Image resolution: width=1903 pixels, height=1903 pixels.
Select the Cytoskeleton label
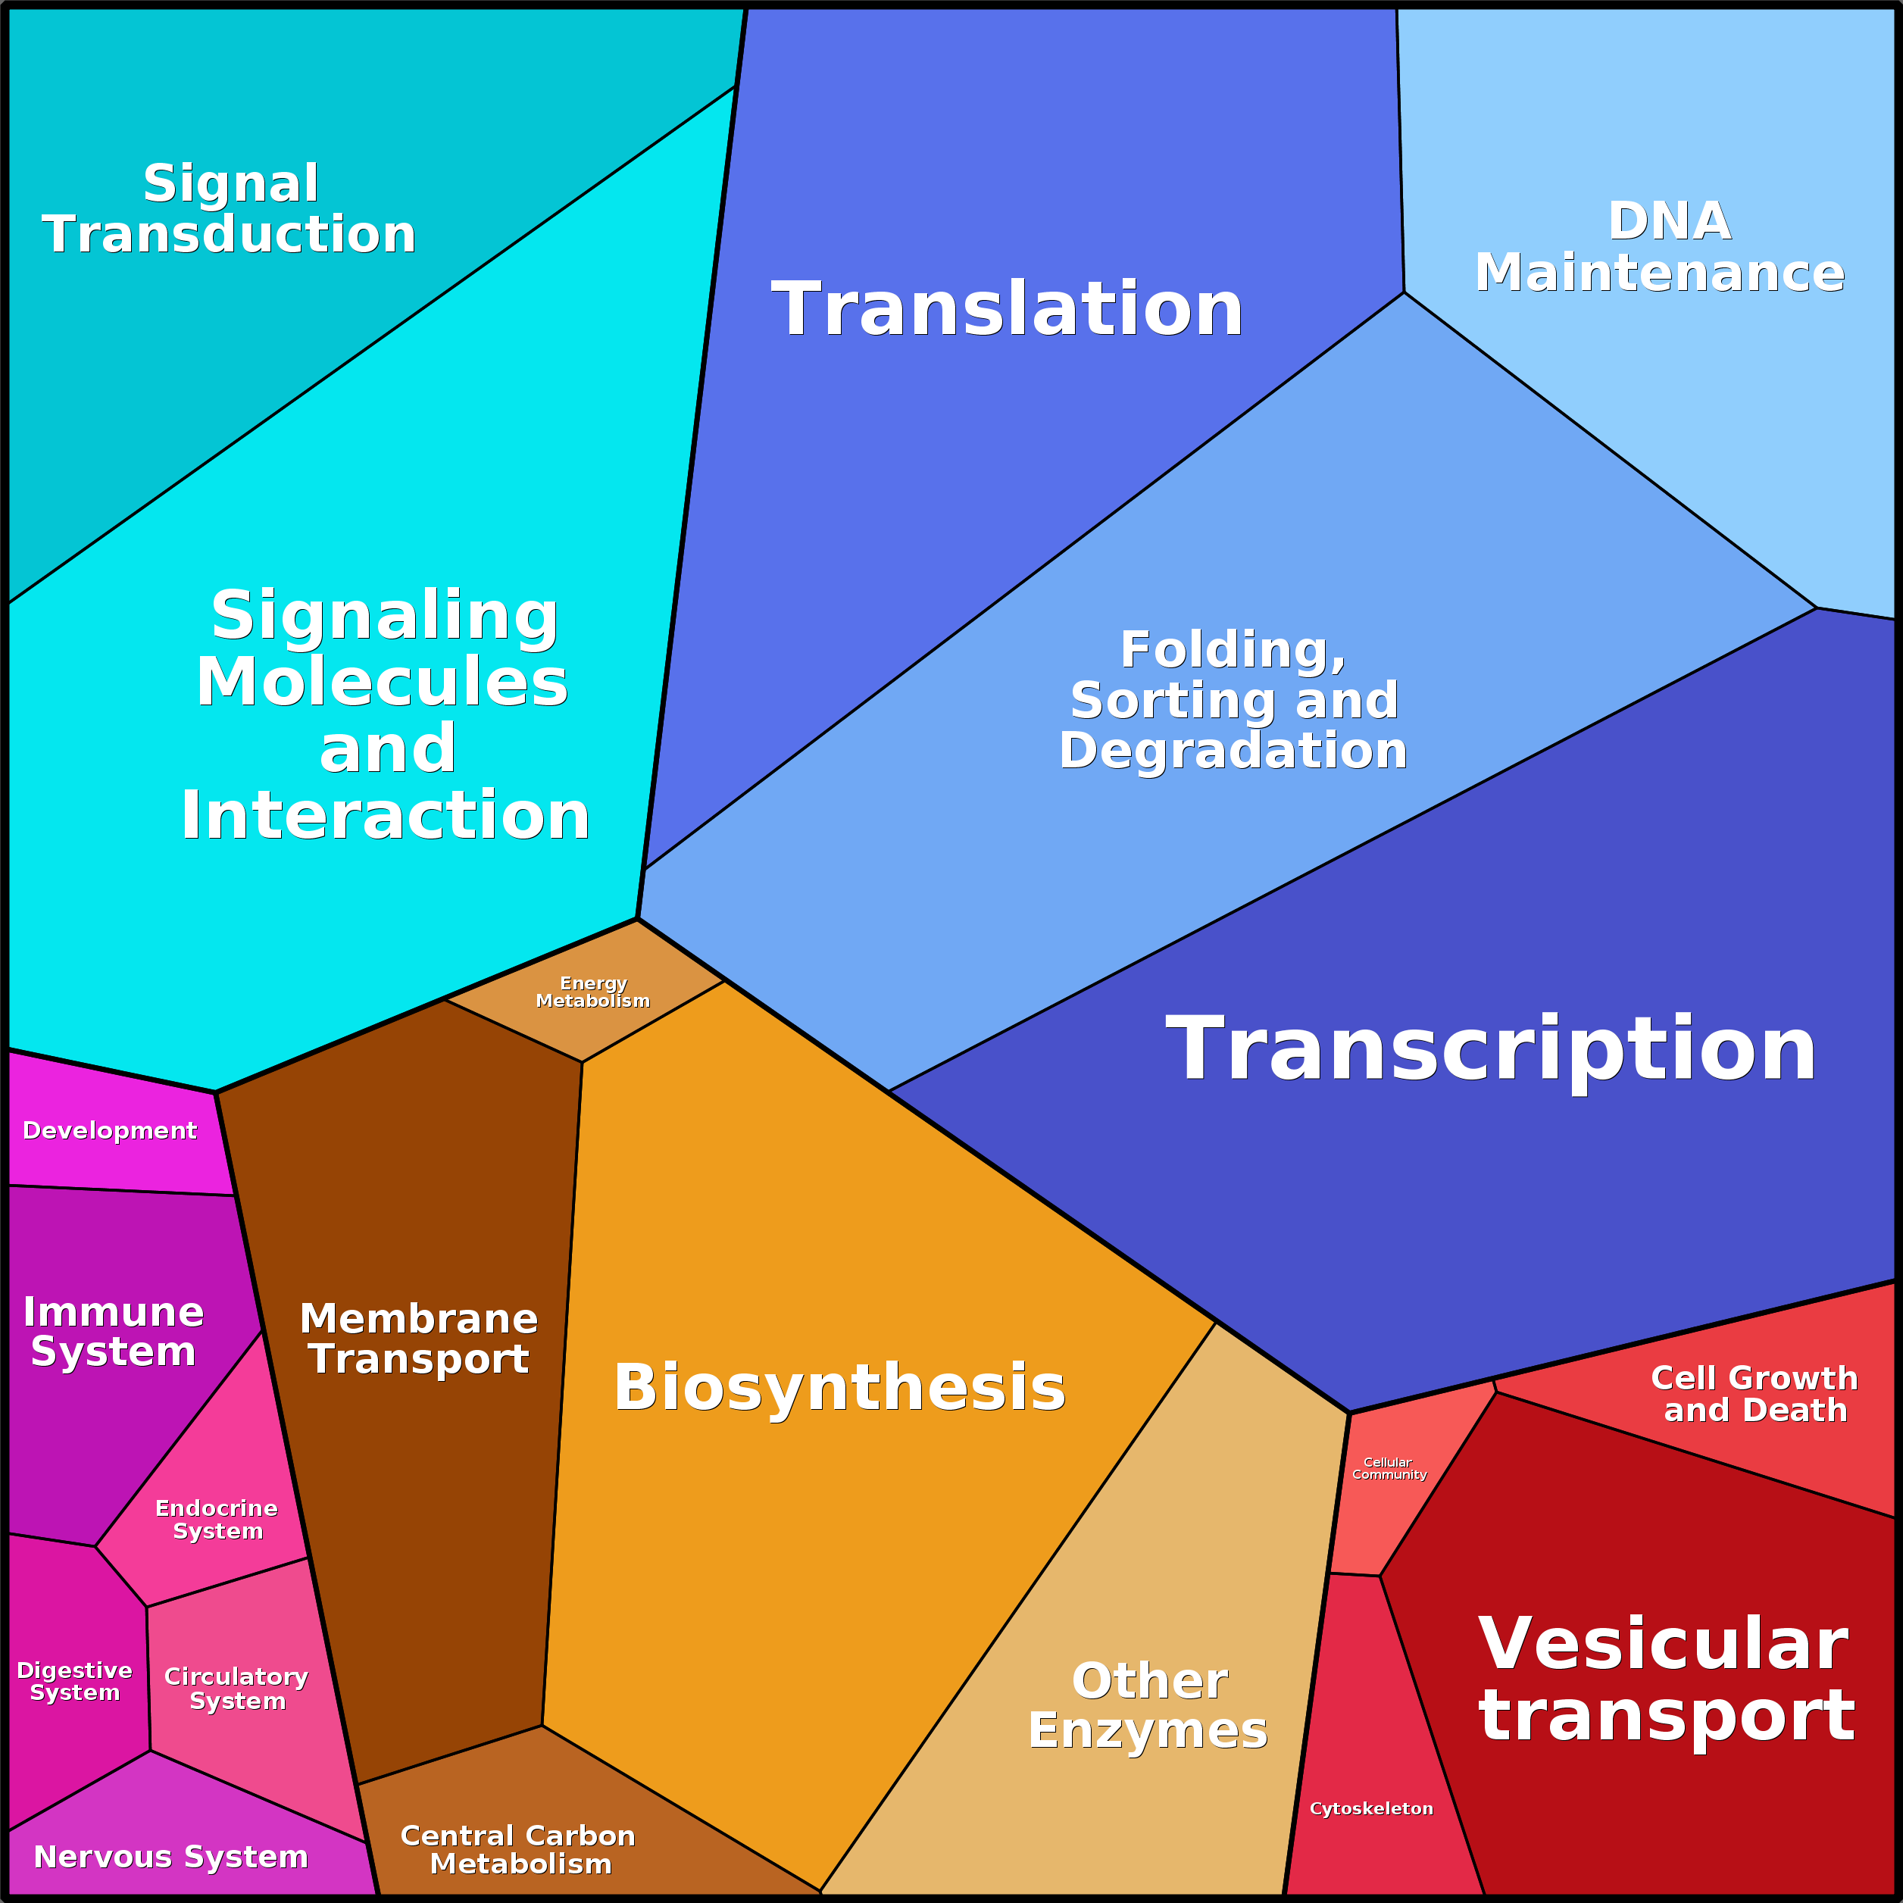coord(1370,1808)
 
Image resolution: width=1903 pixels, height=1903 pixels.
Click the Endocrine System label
coord(217,1520)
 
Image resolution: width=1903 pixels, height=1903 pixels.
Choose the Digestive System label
coord(75,1681)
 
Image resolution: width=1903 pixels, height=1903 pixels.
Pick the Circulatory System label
coord(236,1689)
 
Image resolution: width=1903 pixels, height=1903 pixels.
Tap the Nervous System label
coord(170,1857)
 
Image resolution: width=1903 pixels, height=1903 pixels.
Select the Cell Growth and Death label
coord(1755,1394)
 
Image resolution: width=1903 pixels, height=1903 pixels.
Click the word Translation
coord(1007,309)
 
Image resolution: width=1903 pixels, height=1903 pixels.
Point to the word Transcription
coord(1490,1050)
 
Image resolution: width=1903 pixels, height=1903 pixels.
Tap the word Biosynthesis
coord(839,1388)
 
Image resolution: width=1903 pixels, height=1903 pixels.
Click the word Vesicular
coord(1664,1644)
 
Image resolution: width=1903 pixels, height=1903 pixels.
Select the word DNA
coord(1669,220)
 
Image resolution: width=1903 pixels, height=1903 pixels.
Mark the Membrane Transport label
coord(419,1339)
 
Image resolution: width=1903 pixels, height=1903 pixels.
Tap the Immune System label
coord(114,1332)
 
